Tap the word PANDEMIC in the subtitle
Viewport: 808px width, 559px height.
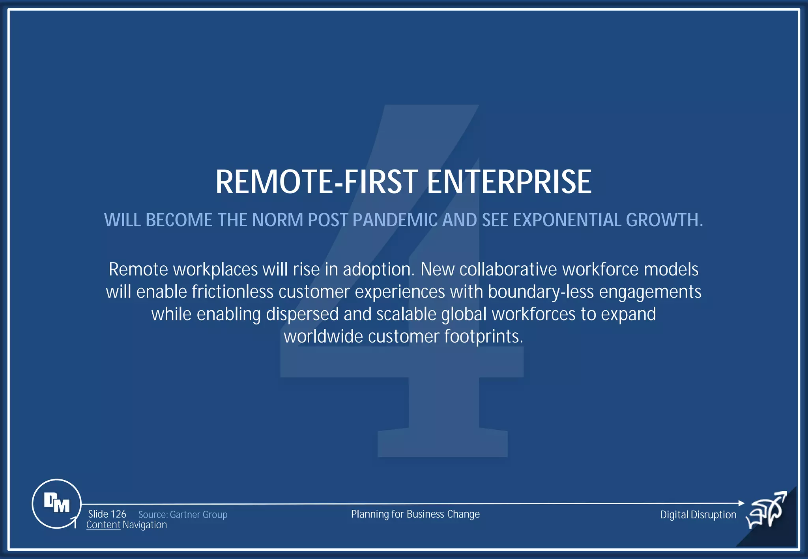[395, 220]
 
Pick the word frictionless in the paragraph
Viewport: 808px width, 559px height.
[232, 292]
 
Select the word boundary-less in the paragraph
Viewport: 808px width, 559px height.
[541, 292]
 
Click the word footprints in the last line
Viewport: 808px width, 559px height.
[483, 337]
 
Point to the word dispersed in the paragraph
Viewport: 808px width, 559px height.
[302, 315]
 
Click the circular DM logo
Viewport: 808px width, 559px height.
[56, 503]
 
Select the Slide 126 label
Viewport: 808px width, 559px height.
[107, 514]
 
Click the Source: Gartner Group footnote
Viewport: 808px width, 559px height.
[183, 514]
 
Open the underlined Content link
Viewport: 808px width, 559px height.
[103, 525]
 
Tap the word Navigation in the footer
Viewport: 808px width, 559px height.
[145, 525]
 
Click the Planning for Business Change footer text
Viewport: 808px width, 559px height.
[415, 514]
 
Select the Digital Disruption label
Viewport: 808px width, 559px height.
[698, 514]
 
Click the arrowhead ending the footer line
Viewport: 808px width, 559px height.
[741, 503]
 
